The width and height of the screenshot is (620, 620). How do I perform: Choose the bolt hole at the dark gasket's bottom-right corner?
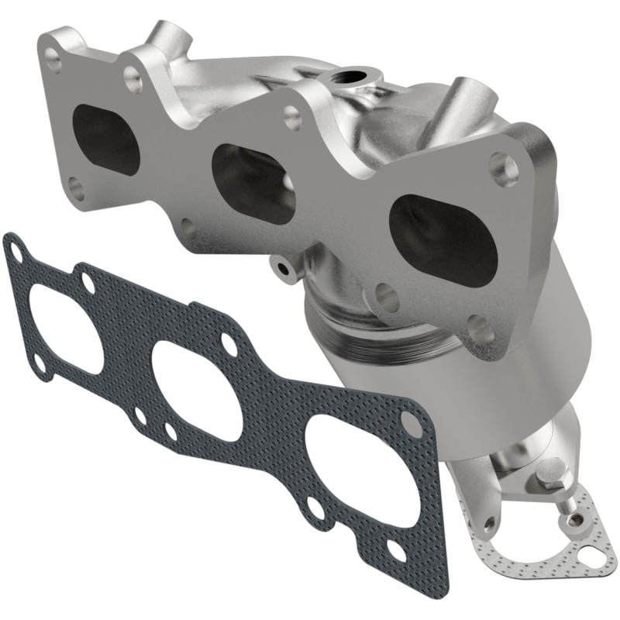click(394, 551)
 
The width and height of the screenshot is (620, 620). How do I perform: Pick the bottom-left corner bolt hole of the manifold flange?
click(75, 185)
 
